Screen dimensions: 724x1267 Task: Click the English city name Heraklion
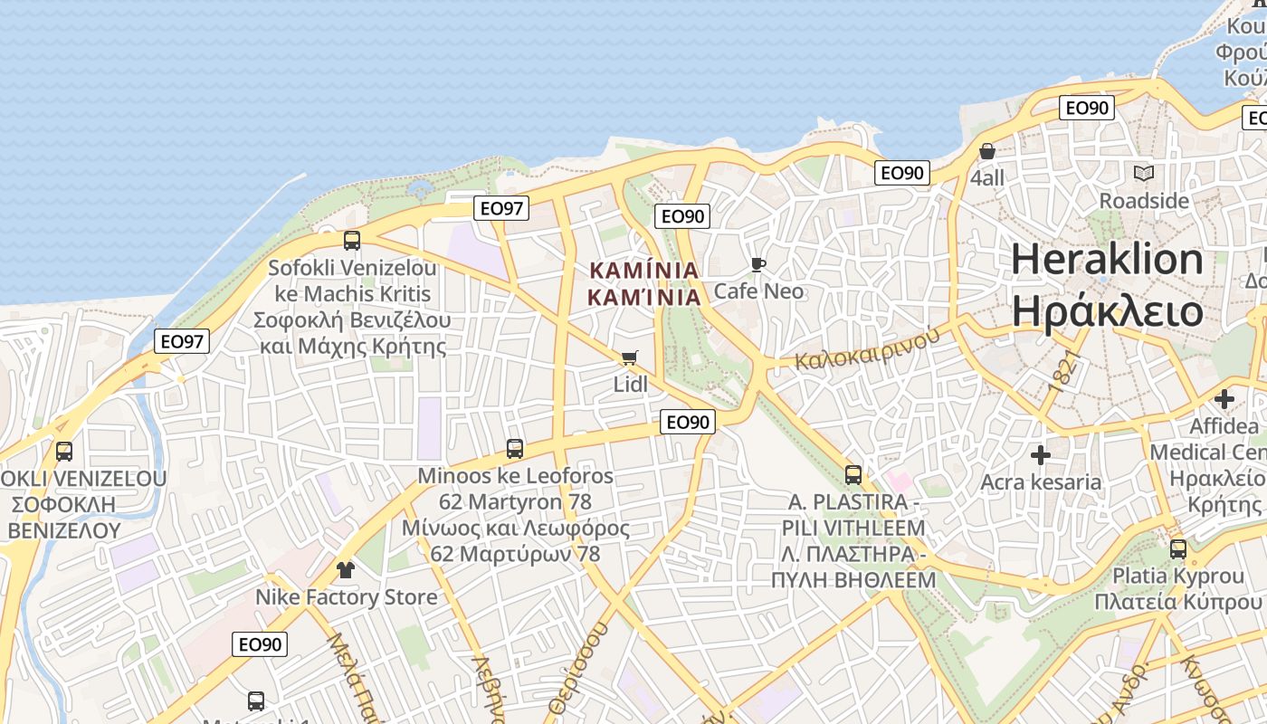[x=1107, y=260]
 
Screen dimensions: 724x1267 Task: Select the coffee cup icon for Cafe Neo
[x=758, y=264]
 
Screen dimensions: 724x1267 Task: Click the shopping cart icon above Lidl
[x=630, y=357]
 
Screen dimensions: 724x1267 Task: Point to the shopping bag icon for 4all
[x=986, y=151]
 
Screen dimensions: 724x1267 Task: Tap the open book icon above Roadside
[x=1144, y=173]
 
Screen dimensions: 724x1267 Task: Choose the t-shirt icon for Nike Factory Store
[x=345, y=570]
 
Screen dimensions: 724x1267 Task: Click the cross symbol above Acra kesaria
[x=1041, y=454]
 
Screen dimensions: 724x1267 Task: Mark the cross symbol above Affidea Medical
[x=1224, y=398]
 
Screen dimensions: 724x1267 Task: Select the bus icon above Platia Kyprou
[x=1178, y=548]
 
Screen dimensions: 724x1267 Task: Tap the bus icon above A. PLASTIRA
[x=853, y=474]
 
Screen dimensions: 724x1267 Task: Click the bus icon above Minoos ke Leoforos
[x=514, y=448]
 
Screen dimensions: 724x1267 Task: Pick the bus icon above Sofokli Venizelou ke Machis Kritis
[x=352, y=241]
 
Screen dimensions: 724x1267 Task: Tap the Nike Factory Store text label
[x=346, y=597]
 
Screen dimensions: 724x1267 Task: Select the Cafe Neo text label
[x=758, y=291]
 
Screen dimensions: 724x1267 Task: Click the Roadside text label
[x=1144, y=200]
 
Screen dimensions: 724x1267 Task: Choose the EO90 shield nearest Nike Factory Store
[x=261, y=644]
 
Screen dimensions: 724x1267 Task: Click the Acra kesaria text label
[x=1041, y=481]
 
